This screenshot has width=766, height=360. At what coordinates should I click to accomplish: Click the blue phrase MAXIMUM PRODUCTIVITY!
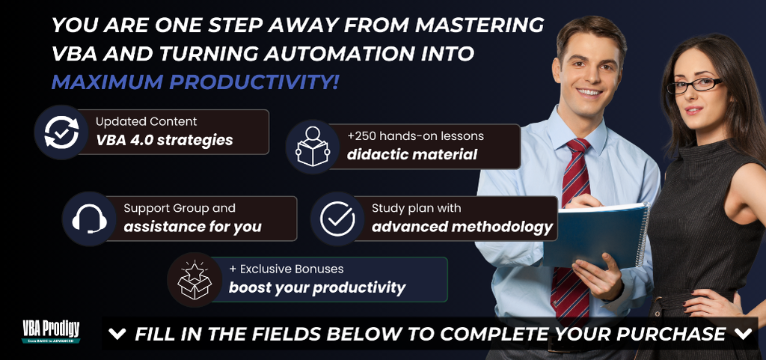click(x=195, y=82)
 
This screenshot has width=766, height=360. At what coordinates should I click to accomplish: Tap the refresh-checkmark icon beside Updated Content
click(x=61, y=132)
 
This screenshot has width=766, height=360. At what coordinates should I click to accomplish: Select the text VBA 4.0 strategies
click(x=164, y=140)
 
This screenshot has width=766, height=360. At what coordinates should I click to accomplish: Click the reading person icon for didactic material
click(x=313, y=147)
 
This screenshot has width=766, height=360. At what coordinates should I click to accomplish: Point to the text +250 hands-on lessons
click(x=415, y=136)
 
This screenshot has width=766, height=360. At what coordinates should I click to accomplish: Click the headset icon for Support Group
click(x=90, y=219)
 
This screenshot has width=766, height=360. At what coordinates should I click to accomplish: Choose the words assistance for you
click(x=192, y=227)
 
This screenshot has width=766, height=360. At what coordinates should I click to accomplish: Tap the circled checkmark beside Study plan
click(x=337, y=219)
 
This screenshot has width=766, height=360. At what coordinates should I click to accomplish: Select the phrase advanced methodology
click(x=462, y=227)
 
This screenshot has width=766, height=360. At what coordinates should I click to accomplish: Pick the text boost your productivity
click(x=317, y=287)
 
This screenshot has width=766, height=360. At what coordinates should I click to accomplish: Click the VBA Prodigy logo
click(x=51, y=332)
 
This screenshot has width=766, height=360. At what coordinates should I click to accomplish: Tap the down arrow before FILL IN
click(x=117, y=334)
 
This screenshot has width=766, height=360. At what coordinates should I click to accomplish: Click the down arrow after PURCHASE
click(x=743, y=334)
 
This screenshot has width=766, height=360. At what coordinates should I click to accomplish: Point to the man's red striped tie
click(x=571, y=230)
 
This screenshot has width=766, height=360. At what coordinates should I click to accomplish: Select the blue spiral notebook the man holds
click(x=596, y=234)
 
